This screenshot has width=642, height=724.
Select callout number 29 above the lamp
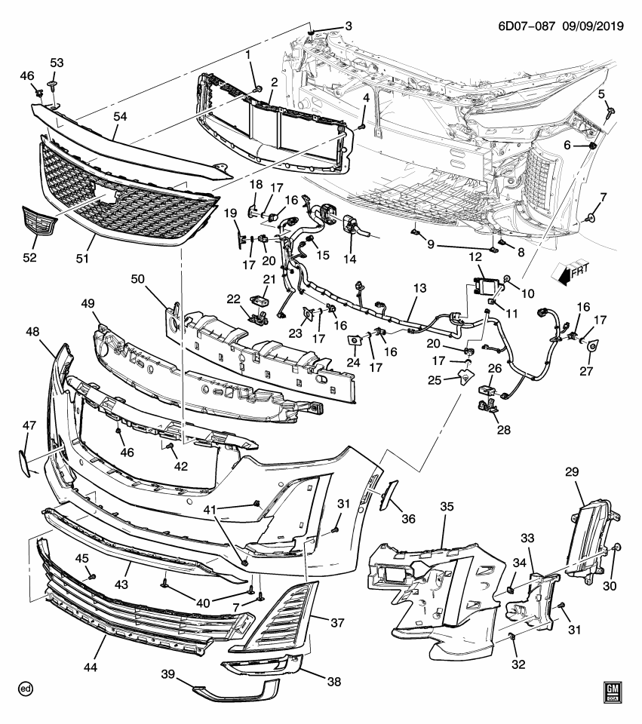(x=572, y=473)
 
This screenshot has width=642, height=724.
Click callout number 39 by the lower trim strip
(x=168, y=673)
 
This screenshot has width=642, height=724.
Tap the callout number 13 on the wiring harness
(x=420, y=288)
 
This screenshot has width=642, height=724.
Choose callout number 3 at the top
(x=348, y=27)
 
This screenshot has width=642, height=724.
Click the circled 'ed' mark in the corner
(x=26, y=689)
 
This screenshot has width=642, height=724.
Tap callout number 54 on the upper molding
(x=121, y=115)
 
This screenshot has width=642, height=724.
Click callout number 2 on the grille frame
(x=275, y=82)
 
